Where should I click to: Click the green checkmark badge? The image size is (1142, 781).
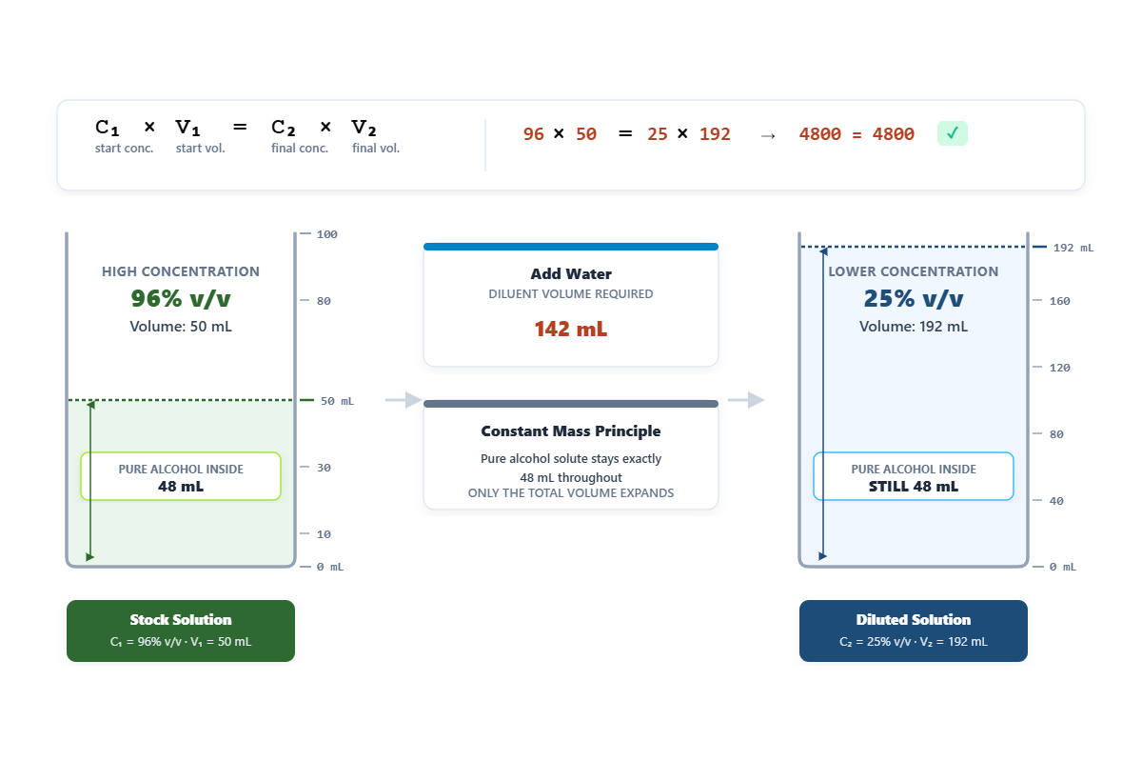(x=952, y=133)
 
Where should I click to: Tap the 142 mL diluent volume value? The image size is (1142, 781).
(x=570, y=329)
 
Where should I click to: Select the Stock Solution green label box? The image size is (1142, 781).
(x=181, y=631)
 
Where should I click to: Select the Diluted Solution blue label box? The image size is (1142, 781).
(x=913, y=631)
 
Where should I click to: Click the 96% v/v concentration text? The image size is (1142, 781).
(x=181, y=298)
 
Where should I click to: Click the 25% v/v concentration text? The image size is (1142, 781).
(x=913, y=298)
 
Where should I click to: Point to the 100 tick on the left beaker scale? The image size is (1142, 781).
(x=326, y=234)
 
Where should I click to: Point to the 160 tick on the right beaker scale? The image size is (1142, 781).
(x=1059, y=301)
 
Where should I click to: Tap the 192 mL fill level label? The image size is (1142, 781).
(x=1073, y=248)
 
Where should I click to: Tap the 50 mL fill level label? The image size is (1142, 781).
(x=337, y=401)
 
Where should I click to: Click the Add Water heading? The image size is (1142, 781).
(x=570, y=274)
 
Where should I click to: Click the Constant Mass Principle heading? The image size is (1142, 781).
(x=570, y=431)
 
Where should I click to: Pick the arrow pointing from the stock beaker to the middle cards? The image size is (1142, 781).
(x=404, y=400)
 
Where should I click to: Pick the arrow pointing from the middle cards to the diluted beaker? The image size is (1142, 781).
(x=746, y=400)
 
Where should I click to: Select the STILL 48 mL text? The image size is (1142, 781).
(x=913, y=486)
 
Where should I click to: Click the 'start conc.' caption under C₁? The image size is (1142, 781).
(x=124, y=148)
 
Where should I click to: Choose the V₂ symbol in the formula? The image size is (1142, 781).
(x=364, y=128)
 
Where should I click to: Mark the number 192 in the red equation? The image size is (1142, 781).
(x=715, y=133)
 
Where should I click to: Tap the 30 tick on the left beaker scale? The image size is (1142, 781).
(x=324, y=468)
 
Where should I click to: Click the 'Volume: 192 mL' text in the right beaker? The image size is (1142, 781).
(x=913, y=327)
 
